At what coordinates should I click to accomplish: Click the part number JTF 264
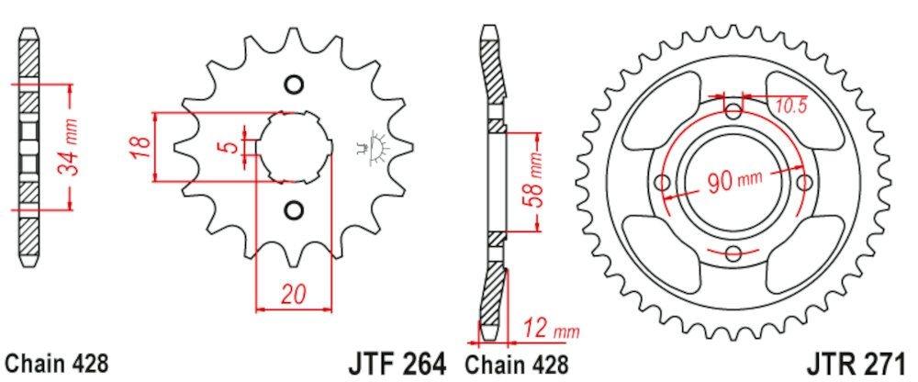(x=397, y=361)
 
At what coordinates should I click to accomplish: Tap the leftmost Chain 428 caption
(x=56, y=362)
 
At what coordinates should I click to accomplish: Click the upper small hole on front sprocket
(x=294, y=86)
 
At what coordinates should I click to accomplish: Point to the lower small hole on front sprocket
(x=294, y=209)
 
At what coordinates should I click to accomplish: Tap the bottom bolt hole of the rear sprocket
(x=733, y=253)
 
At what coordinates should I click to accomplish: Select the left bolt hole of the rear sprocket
(x=662, y=183)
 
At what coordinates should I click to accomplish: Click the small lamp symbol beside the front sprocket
(x=373, y=147)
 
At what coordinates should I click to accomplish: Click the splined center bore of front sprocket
(x=294, y=148)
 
